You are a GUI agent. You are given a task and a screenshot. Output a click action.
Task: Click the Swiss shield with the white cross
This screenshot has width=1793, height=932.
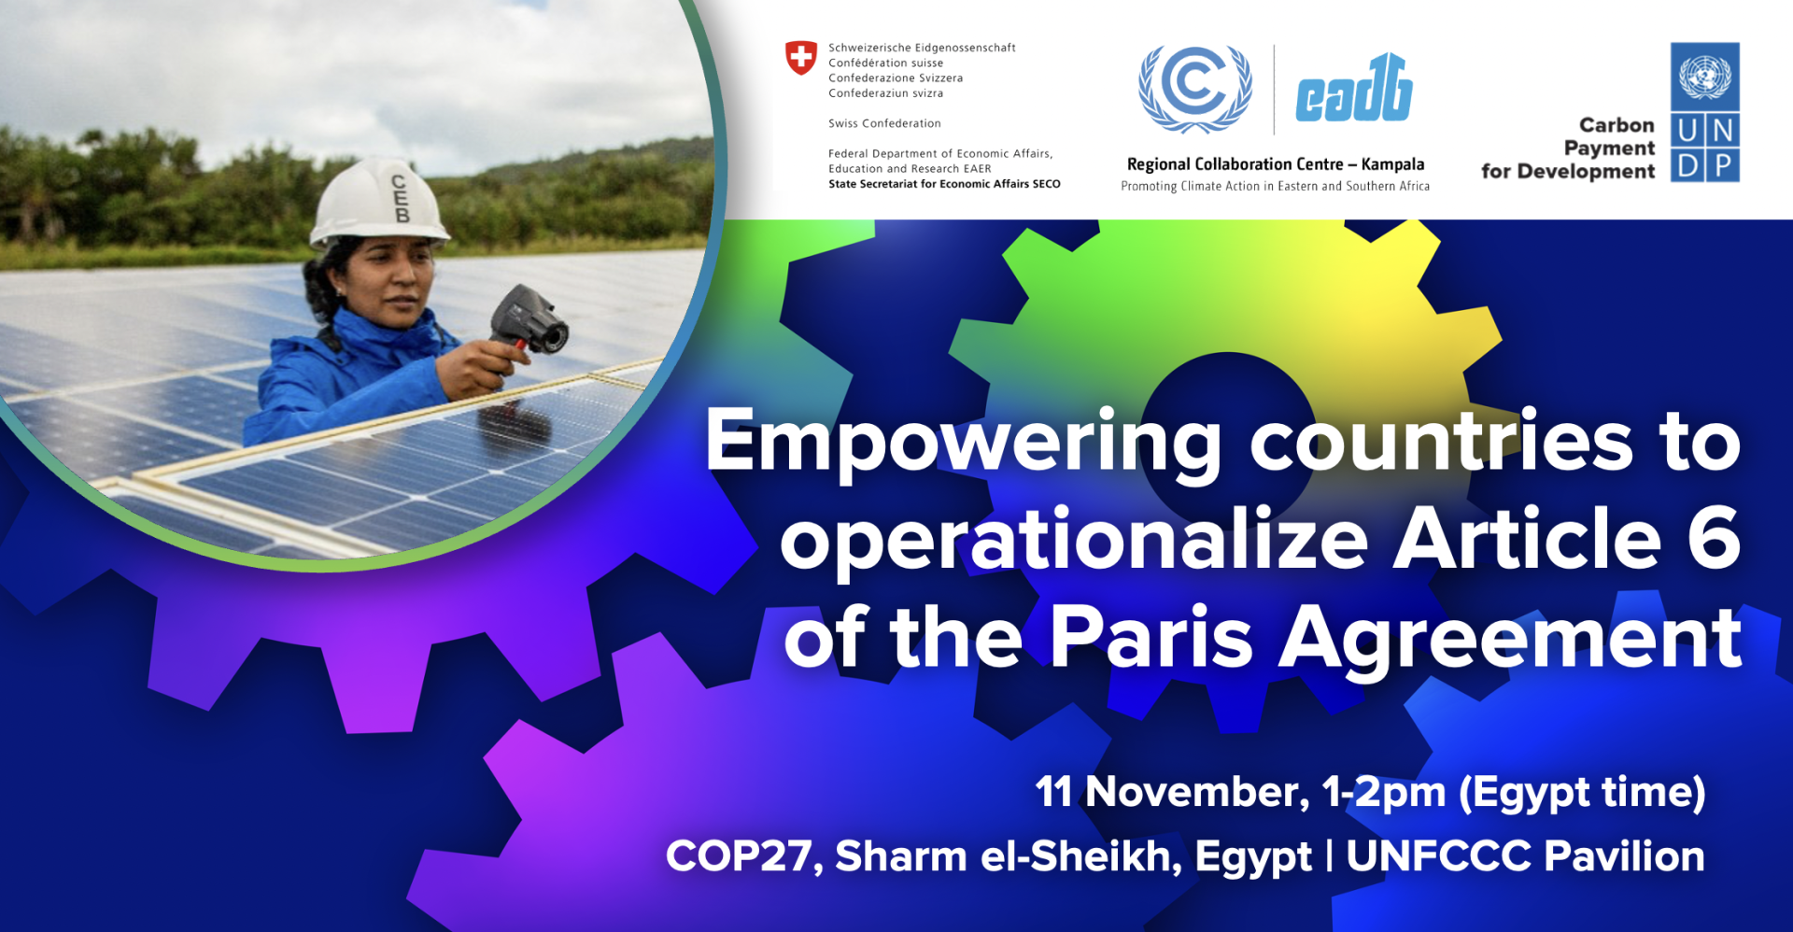coord(800,58)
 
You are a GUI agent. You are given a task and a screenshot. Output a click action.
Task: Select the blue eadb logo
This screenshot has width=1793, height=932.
coord(1354,89)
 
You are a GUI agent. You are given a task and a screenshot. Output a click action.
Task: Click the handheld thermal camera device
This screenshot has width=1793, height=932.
coord(529,322)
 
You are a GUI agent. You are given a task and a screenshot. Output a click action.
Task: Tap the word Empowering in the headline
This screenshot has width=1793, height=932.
coord(963,444)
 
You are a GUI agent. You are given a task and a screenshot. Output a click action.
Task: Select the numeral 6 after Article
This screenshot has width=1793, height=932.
coord(1715,538)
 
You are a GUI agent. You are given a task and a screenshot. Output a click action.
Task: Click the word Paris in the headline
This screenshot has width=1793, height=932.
coord(1151,637)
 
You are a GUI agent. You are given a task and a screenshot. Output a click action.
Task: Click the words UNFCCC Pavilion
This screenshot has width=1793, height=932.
coord(1526,856)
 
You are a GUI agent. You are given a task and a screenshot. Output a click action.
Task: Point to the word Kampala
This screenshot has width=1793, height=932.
coord(1392,164)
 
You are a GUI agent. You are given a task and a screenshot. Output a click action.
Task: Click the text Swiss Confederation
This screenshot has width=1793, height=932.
coord(884,123)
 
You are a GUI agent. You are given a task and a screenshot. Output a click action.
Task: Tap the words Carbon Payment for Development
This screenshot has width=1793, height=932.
coord(1568,148)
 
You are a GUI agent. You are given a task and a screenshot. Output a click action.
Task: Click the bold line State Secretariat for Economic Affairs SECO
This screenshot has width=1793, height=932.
coord(944,184)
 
